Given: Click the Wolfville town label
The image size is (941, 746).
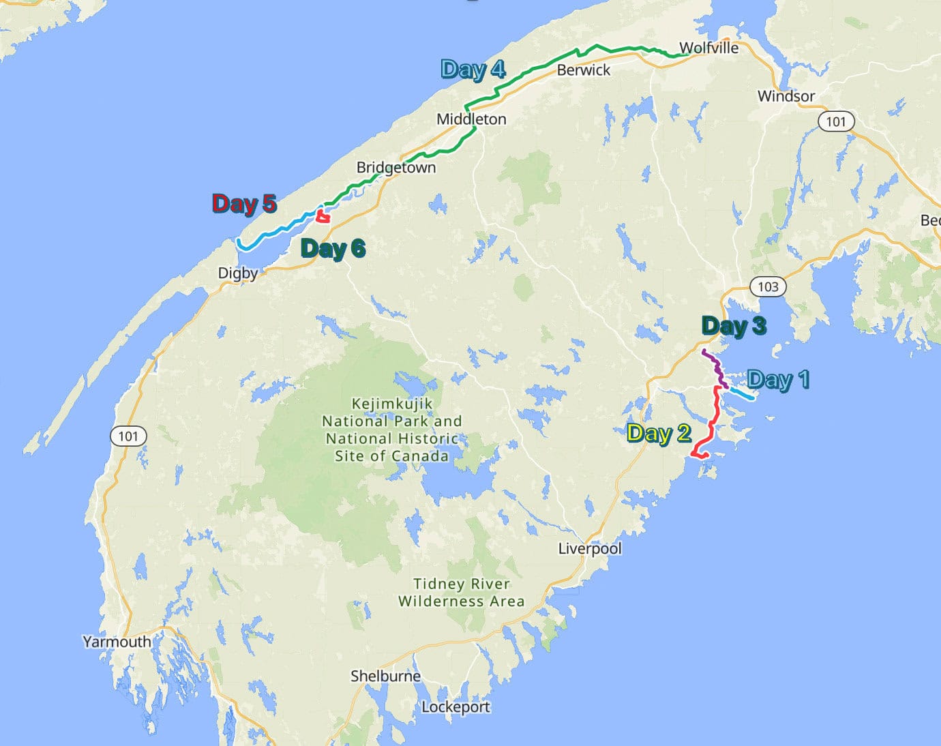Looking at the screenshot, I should click(x=708, y=48).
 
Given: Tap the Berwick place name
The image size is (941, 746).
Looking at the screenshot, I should click(x=583, y=70).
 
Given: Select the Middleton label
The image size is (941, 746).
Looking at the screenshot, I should click(x=471, y=119).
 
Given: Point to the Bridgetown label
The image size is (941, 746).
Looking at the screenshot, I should click(x=395, y=167).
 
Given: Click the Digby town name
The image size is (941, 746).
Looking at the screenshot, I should click(x=237, y=273).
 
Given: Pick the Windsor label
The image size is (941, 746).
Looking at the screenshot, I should click(x=786, y=96).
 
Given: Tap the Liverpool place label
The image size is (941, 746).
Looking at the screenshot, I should click(x=589, y=548).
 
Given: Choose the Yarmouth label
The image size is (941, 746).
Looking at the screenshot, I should click(x=117, y=641).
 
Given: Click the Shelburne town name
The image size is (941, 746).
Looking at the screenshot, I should click(x=385, y=676).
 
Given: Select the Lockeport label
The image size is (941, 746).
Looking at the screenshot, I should click(x=455, y=706).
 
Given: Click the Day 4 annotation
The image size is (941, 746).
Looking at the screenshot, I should click(x=473, y=69).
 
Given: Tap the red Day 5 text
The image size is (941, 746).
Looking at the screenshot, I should click(x=243, y=203).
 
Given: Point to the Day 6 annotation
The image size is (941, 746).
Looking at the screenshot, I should click(x=333, y=249).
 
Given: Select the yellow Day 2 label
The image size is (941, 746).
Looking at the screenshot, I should click(x=659, y=433).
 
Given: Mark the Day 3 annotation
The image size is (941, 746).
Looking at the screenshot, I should click(x=734, y=326).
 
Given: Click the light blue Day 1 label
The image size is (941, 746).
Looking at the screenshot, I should click(x=778, y=379).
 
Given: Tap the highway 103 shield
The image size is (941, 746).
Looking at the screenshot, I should click(x=768, y=286).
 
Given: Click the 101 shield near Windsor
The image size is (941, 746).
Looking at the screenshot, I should click(x=835, y=122).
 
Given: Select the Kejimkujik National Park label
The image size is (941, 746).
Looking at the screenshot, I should click(x=391, y=430).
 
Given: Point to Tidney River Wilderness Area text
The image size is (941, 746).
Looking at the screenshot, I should click(x=462, y=593).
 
